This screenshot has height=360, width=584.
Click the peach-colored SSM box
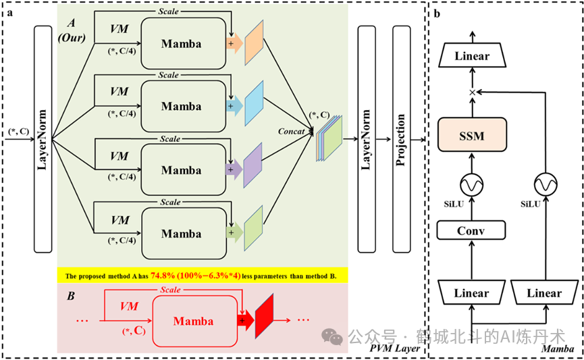pos(472,134)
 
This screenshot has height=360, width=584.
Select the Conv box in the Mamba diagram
pos(471,230)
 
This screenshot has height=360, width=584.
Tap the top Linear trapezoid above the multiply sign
pos(473,55)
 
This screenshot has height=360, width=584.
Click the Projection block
pos(402,139)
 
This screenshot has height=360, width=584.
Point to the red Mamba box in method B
pos(194,321)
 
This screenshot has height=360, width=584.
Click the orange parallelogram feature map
pos(254,43)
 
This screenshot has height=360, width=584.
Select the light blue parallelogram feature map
pos(254,103)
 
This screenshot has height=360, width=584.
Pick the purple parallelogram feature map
pos(253,165)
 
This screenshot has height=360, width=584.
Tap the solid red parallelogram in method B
pos(265,316)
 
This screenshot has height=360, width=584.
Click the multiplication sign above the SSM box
pos(473,92)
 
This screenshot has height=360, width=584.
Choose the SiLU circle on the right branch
pos(546,184)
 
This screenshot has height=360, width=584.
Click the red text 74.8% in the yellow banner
pos(163,276)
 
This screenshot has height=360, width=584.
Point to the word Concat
pos(291,131)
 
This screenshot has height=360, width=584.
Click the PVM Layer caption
pos(394,349)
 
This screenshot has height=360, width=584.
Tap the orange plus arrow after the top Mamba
pos(234,44)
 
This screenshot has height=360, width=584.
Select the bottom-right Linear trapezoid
pos(544,293)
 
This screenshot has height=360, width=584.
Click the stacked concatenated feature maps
pos(329,138)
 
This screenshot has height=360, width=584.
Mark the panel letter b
pos(437,14)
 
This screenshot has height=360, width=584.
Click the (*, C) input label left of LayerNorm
pos(19,132)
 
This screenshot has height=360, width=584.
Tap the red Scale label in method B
pos(171,290)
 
